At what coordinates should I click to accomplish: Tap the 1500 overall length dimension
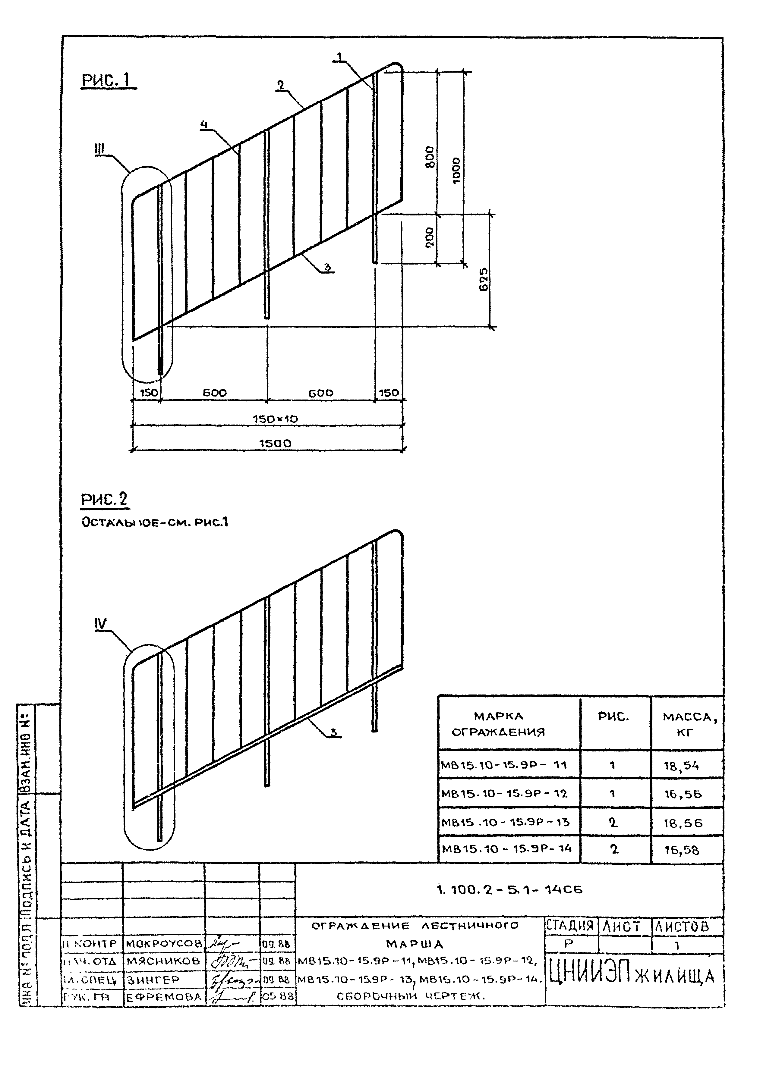[275, 443]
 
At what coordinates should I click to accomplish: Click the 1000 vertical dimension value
[457, 171]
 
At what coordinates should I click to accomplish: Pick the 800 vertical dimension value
[430, 157]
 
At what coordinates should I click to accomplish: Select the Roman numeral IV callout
[101, 623]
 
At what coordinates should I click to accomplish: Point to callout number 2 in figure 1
[280, 85]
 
